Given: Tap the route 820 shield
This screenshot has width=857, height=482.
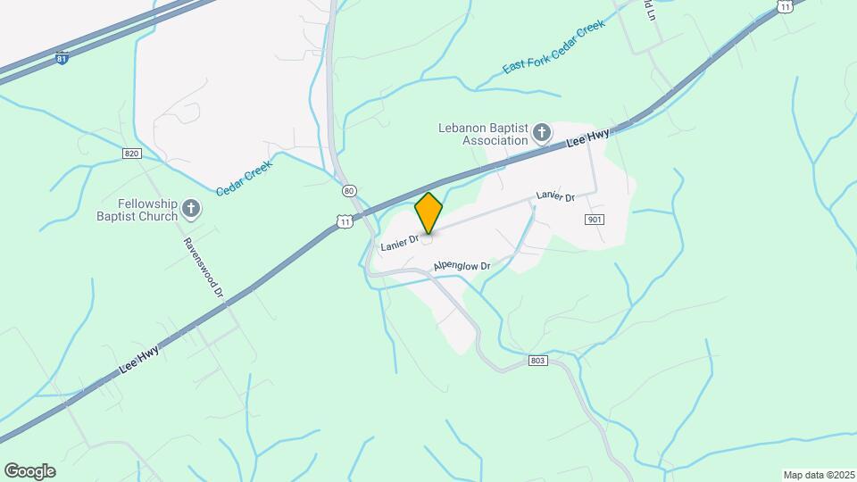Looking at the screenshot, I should [x=132, y=154].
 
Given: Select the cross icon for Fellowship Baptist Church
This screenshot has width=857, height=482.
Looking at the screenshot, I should [x=191, y=210].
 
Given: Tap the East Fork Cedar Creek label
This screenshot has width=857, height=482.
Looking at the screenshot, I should [x=553, y=46].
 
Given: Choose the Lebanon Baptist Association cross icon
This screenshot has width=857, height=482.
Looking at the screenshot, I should [x=542, y=134].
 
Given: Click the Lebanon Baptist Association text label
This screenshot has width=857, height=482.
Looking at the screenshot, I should [x=483, y=134].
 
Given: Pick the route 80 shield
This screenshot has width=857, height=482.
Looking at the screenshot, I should [x=349, y=191].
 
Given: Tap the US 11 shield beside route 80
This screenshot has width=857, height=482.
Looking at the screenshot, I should [x=344, y=220].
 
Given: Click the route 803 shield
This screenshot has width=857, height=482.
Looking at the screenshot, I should [x=537, y=360].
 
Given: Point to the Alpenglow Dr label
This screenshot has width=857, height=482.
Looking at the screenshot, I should [x=462, y=266].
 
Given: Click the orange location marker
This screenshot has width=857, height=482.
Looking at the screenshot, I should [x=428, y=213].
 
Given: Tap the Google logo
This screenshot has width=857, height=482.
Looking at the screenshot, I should [x=29, y=471].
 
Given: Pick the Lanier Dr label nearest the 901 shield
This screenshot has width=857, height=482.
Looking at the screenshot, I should [x=554, y=196].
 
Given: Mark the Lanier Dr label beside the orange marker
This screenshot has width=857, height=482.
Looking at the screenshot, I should [x=398, y=242].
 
